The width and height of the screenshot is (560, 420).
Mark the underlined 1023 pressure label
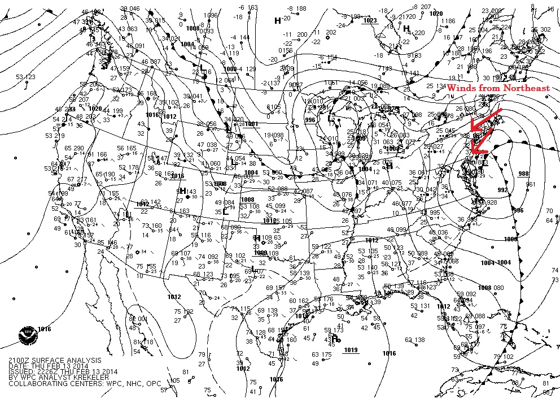point(370,20)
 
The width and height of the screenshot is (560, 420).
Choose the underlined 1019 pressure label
point(351,350)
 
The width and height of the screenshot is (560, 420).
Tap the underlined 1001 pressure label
point(252,124)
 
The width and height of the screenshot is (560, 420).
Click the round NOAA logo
point(26,335)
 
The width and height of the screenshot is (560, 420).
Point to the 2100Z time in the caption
point(19,360)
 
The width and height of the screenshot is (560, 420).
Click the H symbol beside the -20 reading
point(277,20)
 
